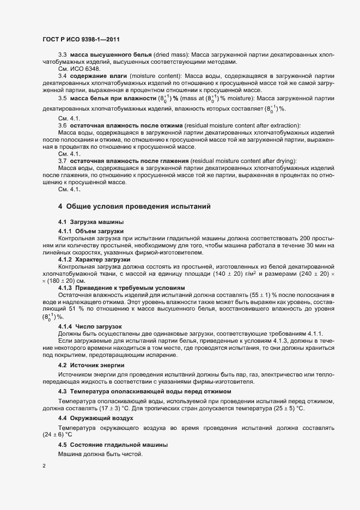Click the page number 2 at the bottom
(44, 467)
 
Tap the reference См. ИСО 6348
(79, 69)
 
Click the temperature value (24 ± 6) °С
(57, 435)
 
